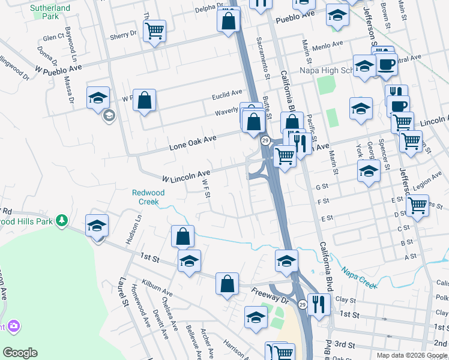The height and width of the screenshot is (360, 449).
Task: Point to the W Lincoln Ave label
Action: (x=186, y=176)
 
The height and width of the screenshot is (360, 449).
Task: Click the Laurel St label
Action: (x=124, y=290)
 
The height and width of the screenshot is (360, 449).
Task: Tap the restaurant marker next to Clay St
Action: (x=318, y=303)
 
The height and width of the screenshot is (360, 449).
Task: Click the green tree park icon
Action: (x=62, y=221)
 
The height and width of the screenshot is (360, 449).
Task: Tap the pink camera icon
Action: (x=13, y=326)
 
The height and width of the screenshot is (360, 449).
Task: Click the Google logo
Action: (x=20, y=352)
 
